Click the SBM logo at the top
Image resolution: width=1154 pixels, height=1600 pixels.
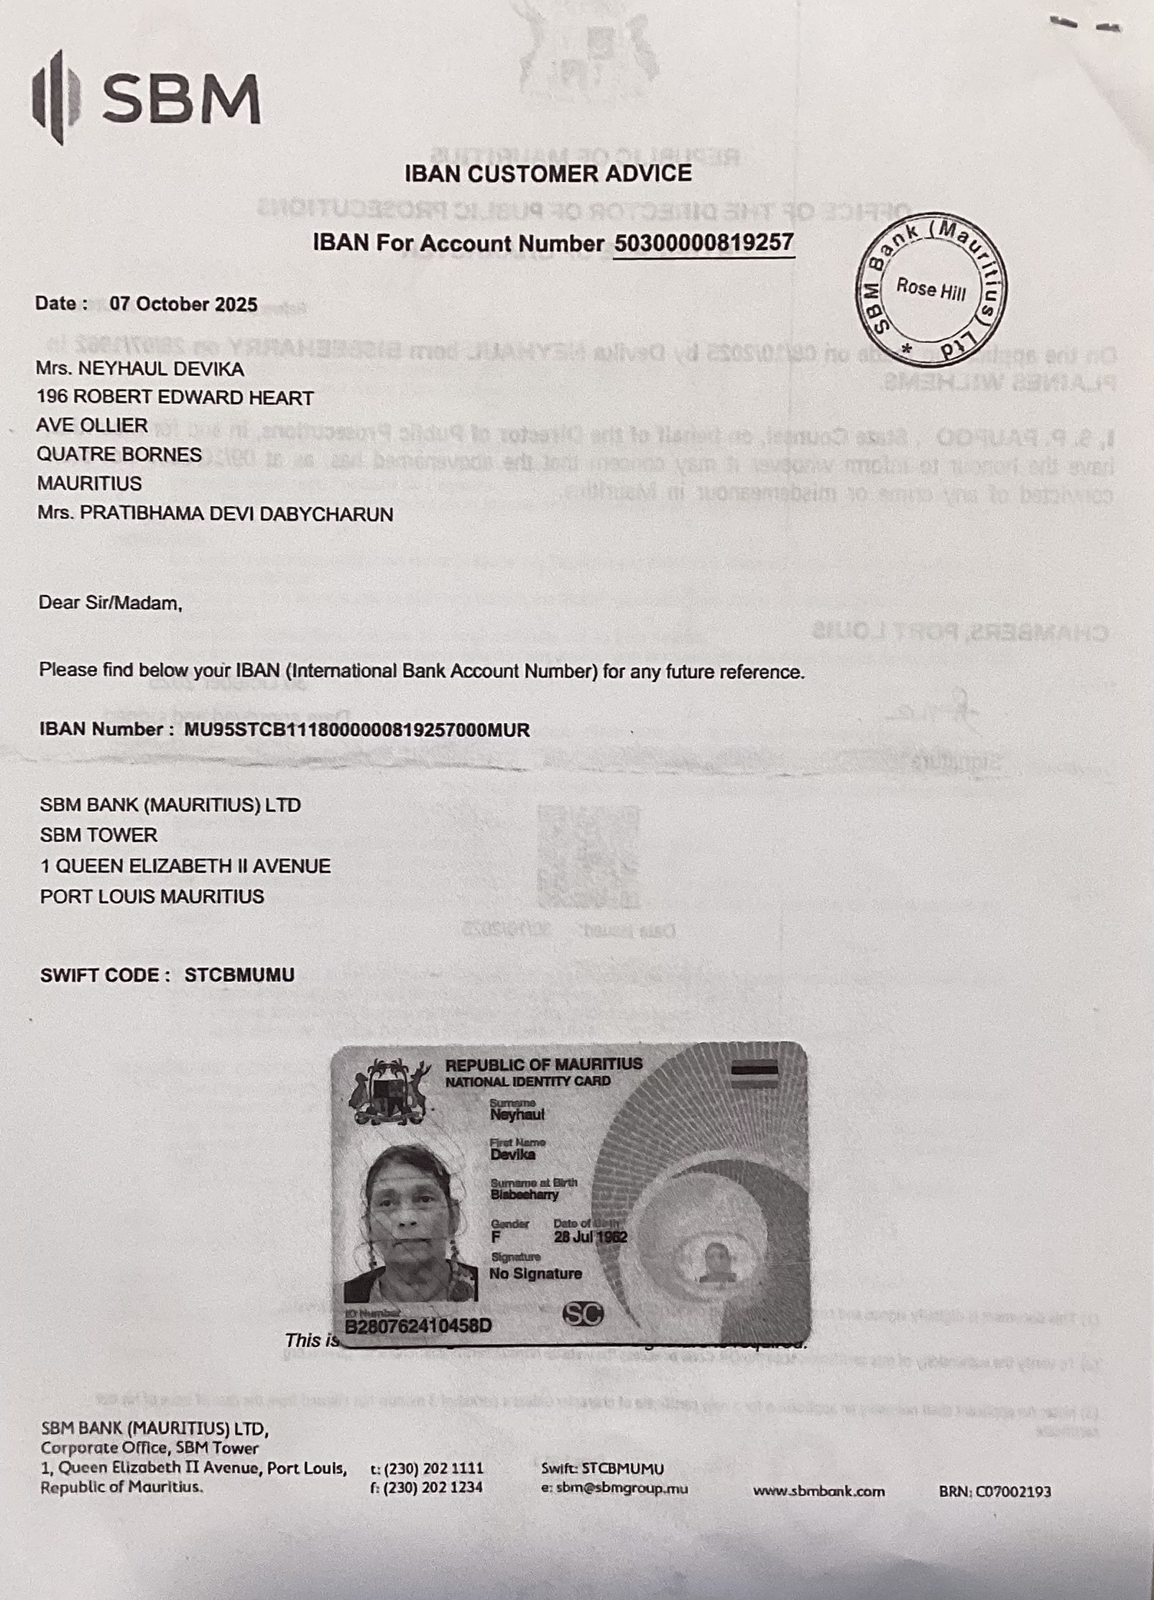pos(147,98)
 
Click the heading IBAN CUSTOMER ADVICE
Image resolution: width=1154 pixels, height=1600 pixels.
pos(548,173)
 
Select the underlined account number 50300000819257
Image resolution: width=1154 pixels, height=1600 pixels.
pos(703,242)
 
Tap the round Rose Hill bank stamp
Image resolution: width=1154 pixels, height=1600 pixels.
pos(931,288)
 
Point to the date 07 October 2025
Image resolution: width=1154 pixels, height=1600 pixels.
pos(183,304)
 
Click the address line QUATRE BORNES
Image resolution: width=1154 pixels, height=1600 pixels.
pos(119,454)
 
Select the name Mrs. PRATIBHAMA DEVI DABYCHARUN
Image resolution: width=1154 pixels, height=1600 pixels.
pos(215,514)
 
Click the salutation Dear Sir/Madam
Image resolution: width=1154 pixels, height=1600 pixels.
pos(111,602)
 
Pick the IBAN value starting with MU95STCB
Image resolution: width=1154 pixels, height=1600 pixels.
pos(357,730)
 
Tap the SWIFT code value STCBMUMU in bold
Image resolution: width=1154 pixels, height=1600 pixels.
pos(239,975)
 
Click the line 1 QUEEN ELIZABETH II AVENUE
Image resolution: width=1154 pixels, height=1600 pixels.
pos(185,865)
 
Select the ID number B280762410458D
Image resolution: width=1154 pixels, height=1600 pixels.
pos(418,1325)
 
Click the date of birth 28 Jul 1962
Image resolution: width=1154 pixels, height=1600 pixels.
pos(590,1237)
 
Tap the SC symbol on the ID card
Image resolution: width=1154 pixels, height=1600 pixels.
pos(583,1314)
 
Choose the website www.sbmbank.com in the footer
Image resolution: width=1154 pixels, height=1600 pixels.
pos(818,1491)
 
